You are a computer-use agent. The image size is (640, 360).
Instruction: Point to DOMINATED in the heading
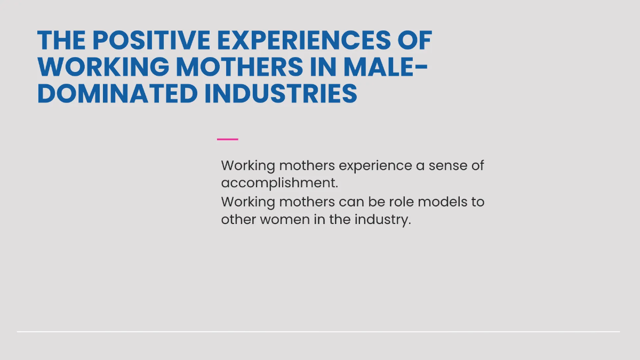click(117, 93)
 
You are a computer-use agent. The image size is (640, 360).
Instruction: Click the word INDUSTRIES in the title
click(281, 93)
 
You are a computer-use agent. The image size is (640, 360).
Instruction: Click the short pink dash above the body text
click(228, 139)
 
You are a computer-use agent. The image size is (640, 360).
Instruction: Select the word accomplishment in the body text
click(279, 183)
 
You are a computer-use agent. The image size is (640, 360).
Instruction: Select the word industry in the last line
click(382, 219)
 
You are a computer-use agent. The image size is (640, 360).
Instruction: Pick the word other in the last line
click(238, 219)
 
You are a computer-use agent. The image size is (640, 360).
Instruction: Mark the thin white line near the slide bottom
click(318, 332)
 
